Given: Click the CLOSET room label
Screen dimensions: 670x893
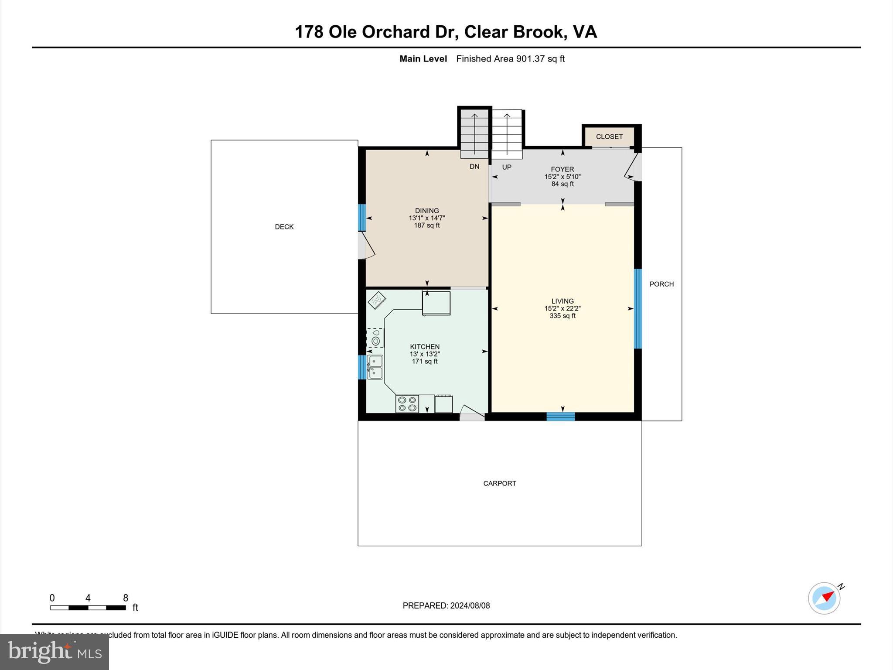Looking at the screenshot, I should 609,137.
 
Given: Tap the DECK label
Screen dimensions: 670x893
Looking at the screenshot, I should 284,227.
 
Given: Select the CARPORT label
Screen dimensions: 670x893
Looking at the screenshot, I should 500,483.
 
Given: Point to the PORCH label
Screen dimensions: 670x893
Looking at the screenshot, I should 661,284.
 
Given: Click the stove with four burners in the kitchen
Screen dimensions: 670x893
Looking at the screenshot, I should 407,404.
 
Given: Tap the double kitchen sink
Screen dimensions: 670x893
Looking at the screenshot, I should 375,367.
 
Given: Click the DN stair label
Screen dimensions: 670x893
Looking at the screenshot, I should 474,167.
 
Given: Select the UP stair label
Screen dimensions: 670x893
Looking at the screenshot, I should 507,167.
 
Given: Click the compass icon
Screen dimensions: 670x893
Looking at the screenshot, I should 824,598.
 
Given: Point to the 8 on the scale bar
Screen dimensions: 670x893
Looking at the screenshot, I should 126,598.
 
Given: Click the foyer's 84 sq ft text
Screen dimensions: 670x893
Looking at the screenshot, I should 562,184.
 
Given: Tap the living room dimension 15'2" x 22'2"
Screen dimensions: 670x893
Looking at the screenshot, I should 562,308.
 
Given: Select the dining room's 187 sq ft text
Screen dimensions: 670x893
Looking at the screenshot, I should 427,226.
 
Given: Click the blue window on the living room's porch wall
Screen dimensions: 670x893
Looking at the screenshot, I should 638,308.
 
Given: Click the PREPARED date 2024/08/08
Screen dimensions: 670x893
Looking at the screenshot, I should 470,605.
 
